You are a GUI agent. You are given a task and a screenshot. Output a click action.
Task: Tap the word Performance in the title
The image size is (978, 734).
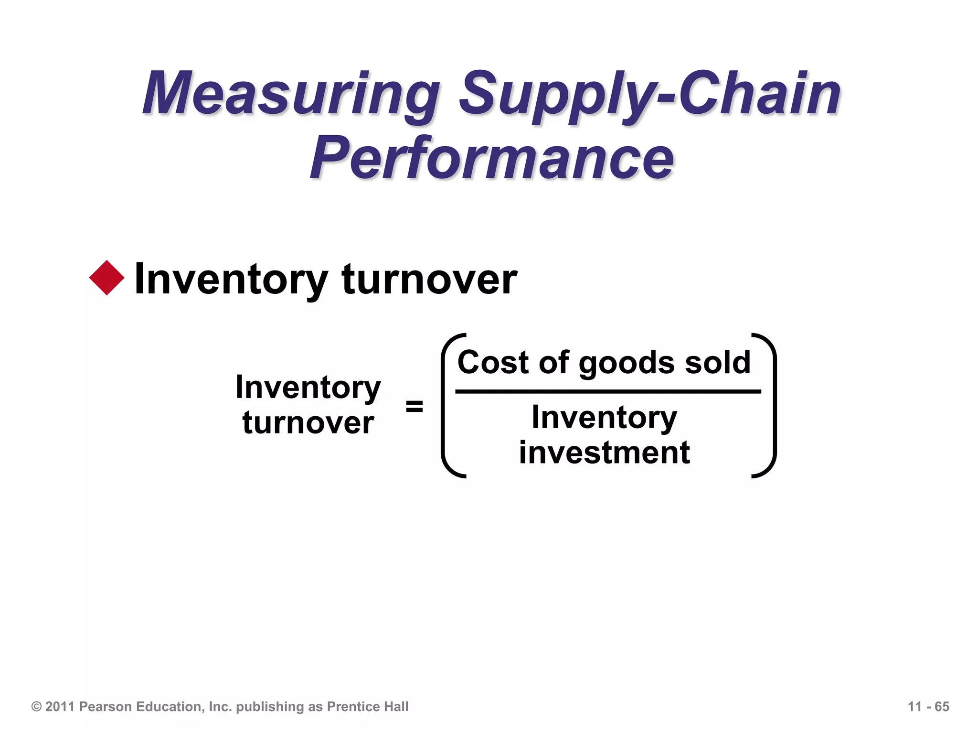pyautogui.click(x=492, y=158)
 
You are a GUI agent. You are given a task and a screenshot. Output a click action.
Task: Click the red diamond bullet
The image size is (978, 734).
pyautogui.click(x=107, y=278)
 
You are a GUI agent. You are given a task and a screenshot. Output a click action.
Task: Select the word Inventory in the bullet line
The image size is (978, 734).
pyautogui.click(x=231, y=279)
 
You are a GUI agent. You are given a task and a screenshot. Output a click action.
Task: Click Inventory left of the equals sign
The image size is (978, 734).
pyautogui.click(x=308, y=387)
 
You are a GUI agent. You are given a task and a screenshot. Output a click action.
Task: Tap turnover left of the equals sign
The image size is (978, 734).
pyautogui.click(x=308, y=423)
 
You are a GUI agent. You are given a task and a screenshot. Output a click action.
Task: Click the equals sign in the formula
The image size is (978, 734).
pyautogui.click(x=414, y=407)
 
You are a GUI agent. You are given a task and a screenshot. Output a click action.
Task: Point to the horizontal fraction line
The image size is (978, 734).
pyautogui.click(x=607, y=392)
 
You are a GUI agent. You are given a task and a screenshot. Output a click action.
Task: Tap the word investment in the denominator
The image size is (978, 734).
pyautogui.click(x=604, y=453)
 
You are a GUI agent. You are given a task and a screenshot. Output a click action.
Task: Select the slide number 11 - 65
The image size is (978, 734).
pyautogui.click(x=928, y=706)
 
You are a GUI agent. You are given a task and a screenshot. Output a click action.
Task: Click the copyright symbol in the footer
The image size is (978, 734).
pyautogui.click(x=36, y=706)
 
